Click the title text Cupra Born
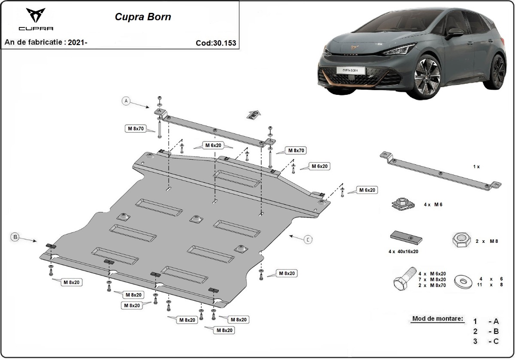click(x=142, y=17)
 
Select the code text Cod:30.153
click(x=215, y=43)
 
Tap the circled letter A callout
click(x=126, y=101)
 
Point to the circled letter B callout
click(x=15, y=237)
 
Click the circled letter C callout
click(x=308, y=240)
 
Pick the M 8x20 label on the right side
click(x=287, y=273)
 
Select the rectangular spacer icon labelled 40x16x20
click(x=406, y=237)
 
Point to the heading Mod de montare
click(x=438, y=319)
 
